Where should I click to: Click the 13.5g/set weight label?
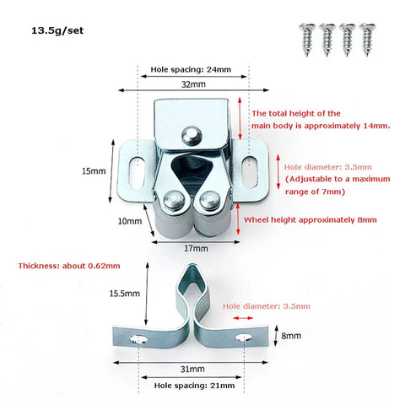pyautogui.click(x=57, y=30)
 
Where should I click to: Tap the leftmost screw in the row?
pyautogui.click(x=307, y=40)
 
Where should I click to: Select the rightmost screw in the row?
pyautogui.click(x=368, y=40)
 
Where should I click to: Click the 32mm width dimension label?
pyautogui.click(x=193, y=84)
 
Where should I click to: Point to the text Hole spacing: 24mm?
pyautogui.click(x=191, y=69)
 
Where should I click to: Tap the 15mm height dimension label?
pyautogui.click(x=94, y=171)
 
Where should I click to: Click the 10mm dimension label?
pyautogui.click(x=130, y=221)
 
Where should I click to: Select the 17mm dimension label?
pyautogui.click(x=196, y=248)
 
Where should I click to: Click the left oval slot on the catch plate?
pyautogui.click(x=137, y=172)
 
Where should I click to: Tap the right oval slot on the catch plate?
pyautogui.click(x=250, y=172)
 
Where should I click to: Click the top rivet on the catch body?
pyautogui.click(x=192, y=136)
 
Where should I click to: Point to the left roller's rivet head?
pyautogui.click(x=174, y=200)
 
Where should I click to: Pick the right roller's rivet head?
pyautogui.click(x=209, y=200)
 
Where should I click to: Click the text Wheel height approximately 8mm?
pyautogui.click(x=310, y=220)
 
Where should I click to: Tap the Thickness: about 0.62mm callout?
pyautogui.click(x=69, y=266)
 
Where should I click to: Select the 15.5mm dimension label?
pyautogui.click(x=125, y=294)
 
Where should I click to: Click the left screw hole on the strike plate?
pyautogui.click(x=138, y=339)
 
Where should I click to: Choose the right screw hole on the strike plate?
pyautogui.click(x=244, y=337)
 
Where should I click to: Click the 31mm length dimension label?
pyautogui.click(x=192, y=369)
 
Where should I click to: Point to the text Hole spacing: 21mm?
pyautogui.click(x=194, y=386)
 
